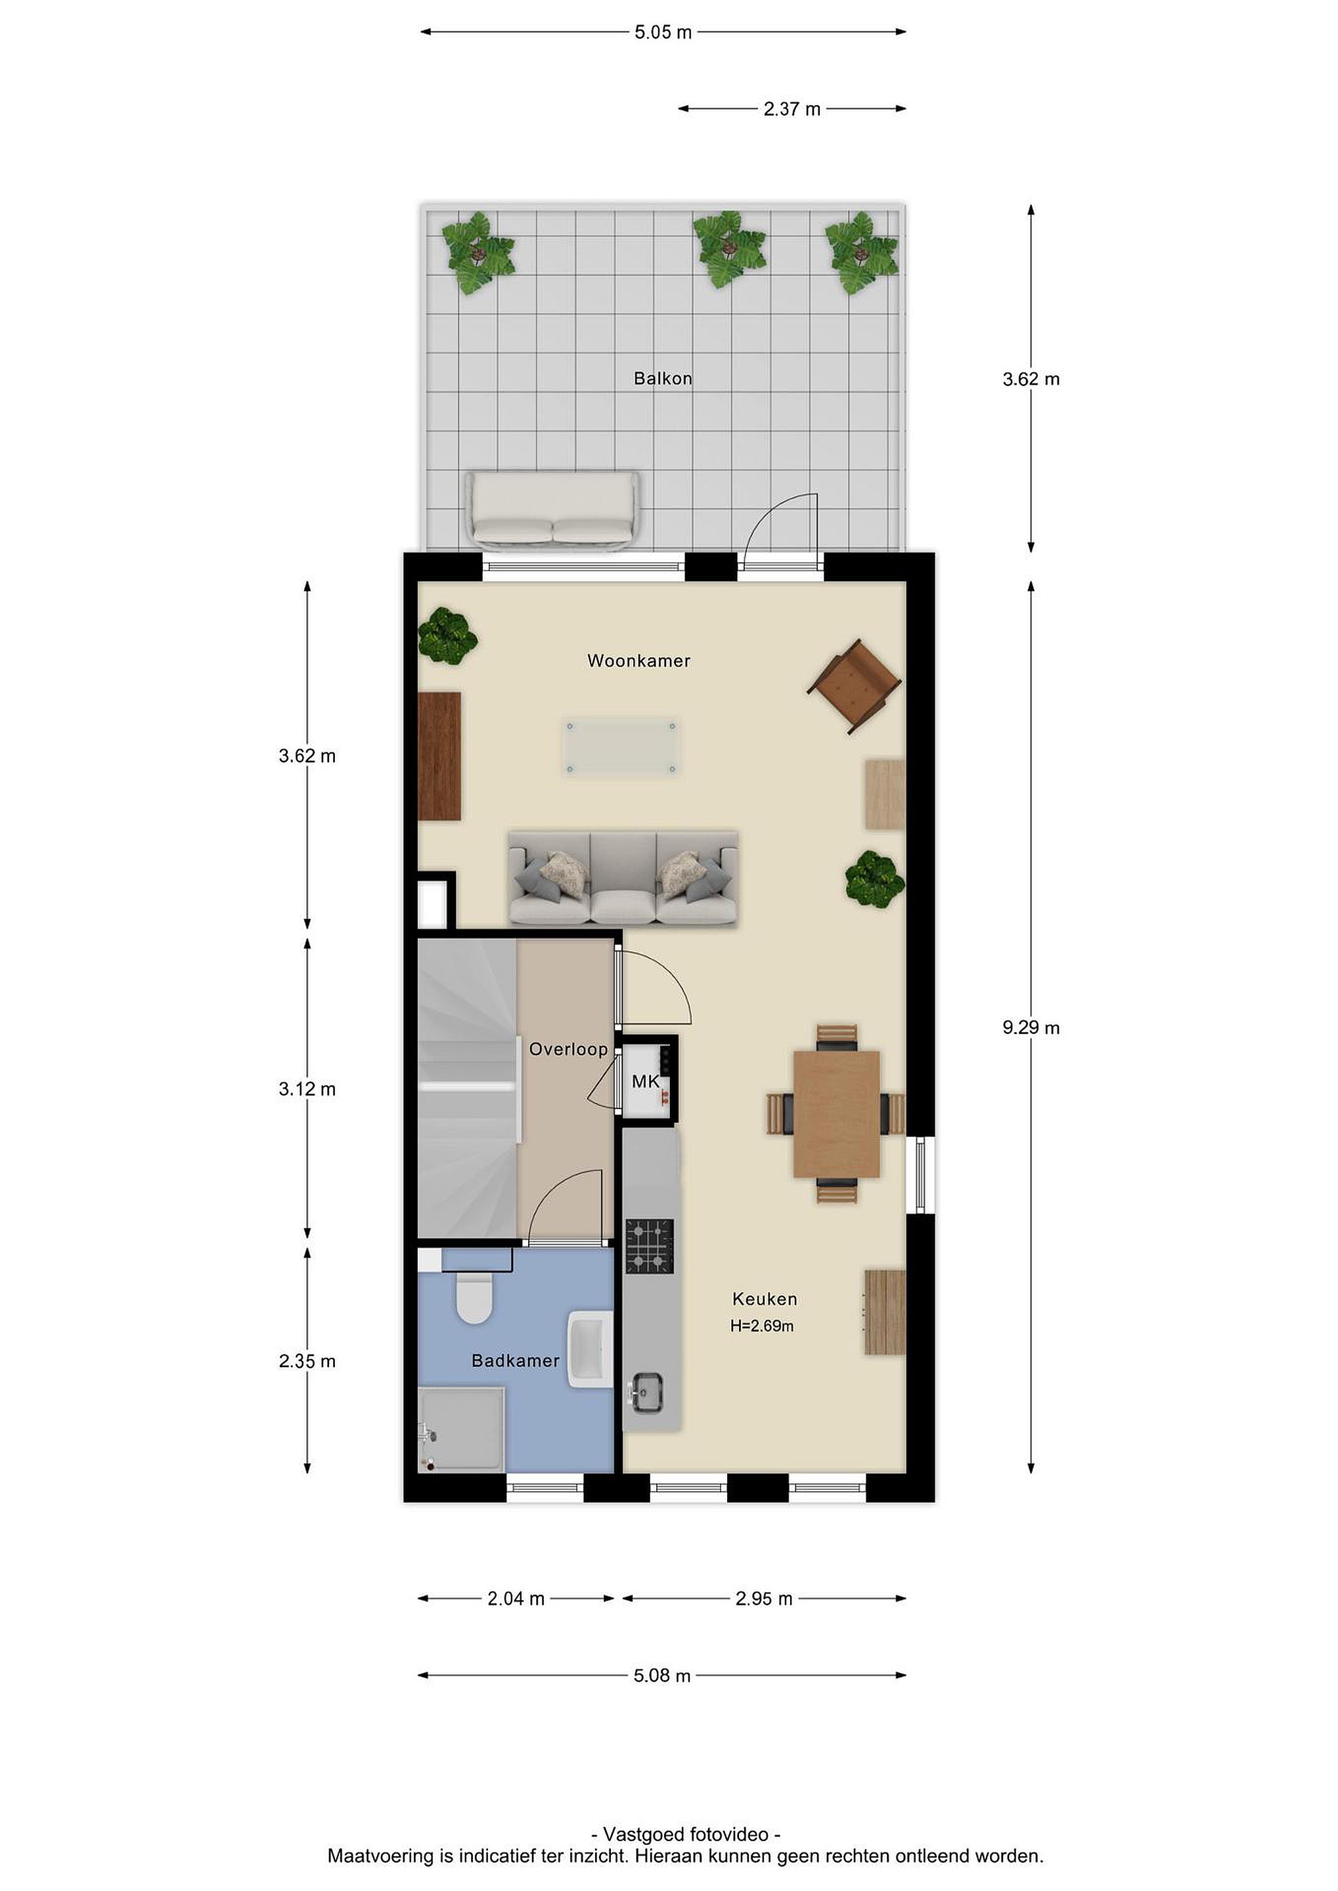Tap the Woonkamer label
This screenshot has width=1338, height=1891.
[638, 661]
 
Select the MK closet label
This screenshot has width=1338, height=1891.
[645, 1081]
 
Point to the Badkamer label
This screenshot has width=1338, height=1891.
[515, 1360]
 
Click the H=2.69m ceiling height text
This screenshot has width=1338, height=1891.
[762, 1326]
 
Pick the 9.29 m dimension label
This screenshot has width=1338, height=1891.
[1031, 1027]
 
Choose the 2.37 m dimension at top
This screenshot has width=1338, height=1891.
[792, 109]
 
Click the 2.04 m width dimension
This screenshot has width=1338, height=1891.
[516, 1599]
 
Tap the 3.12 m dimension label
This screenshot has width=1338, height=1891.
[307, 1089]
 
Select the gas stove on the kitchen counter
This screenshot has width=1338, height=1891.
[649, 1246]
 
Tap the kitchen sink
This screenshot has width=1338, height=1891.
[647, 1392]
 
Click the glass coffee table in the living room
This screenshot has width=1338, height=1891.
[621, 747]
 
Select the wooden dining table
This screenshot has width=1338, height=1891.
[836, 1114]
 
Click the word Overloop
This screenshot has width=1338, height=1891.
[568, 1049]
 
